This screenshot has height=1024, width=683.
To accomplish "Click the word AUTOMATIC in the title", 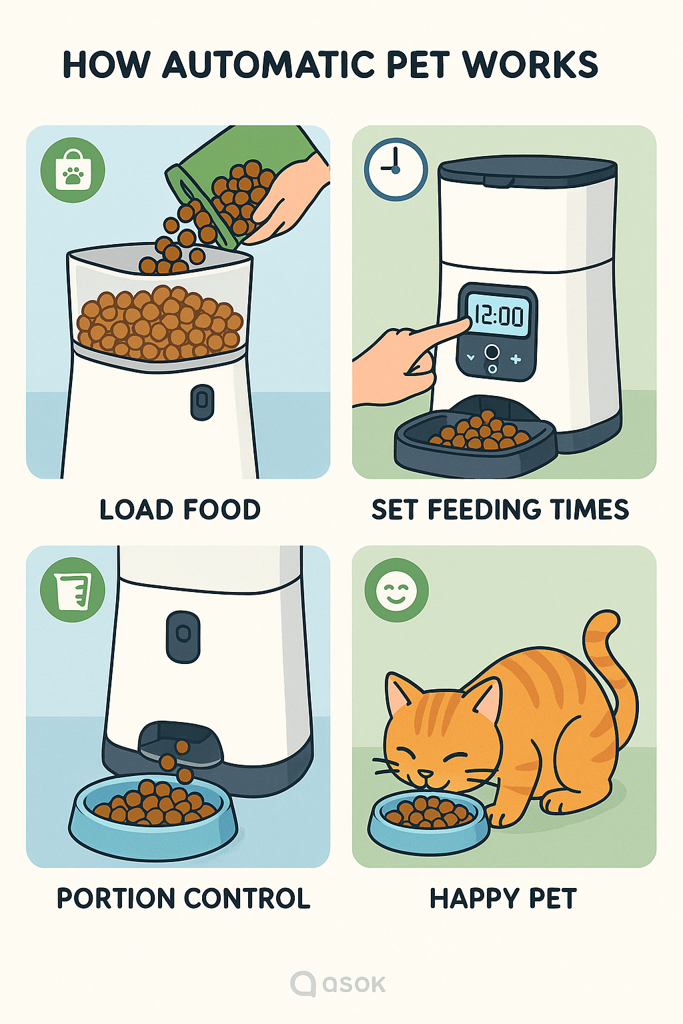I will (269, 65).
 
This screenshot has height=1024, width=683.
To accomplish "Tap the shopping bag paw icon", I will (73, 171).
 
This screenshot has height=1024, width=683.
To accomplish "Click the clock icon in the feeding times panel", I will (396, 169).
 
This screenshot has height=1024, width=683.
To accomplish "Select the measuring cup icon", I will (73, 590).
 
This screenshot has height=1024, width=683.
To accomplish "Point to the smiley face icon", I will (396, 590).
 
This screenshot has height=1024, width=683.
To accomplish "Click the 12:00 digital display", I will (498, 315).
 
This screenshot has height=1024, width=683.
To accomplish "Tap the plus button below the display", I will (516, 359).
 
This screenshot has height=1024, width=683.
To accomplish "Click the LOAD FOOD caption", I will (180, 510).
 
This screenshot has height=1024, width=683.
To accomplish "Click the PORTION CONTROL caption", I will (183, 899).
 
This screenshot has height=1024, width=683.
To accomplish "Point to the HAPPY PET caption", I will (503, 899).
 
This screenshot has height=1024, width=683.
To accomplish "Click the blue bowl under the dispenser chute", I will (153, 817).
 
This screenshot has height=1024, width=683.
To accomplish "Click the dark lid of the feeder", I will (527, 172).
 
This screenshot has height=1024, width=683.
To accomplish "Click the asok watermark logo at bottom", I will (338, 984).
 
